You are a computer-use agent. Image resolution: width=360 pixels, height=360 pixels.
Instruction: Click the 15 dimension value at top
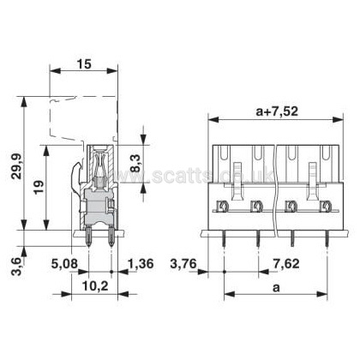[84, 63]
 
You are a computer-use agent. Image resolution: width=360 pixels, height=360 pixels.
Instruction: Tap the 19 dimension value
[39, 187]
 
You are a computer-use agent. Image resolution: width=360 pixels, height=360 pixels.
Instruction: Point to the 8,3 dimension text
[135, 163]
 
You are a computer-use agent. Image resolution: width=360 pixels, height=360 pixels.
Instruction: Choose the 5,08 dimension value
[64, 264]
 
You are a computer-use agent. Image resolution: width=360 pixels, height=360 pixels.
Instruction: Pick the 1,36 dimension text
[141, 264]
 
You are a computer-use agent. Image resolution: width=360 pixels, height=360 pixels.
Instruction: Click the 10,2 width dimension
[95, 285]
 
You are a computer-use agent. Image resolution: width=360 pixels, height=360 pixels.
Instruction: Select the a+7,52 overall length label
[277, 111]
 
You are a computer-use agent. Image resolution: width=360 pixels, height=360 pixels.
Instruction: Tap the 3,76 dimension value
[183, 264]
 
